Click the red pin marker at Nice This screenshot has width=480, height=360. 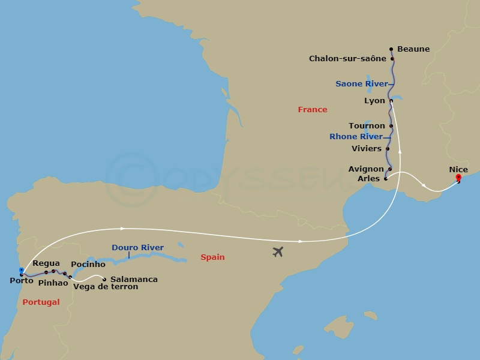coord(458,178)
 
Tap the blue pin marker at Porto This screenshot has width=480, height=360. coord(22,271)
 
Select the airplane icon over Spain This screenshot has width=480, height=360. coord(277,251)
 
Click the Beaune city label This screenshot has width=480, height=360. coord(413,49)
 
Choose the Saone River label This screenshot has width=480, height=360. coord(361,84)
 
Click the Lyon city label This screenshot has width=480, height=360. coord(374,101)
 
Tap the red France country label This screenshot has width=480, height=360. coord(313,110)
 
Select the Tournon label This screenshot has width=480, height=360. coord(367,126)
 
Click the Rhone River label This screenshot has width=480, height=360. coord(356,137)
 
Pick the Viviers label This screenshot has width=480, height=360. coord(367,148)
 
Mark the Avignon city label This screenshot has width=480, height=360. coord(365,169)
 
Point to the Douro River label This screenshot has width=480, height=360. coord(137,247)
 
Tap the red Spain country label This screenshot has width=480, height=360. coord(212,257)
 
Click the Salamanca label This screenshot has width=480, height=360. coord(134,280)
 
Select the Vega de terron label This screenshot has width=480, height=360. coord(106,287)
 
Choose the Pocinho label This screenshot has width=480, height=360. coord(88,265)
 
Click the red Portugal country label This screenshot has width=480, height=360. coord(41,302)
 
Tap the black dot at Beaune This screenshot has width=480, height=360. coord(391,49)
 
